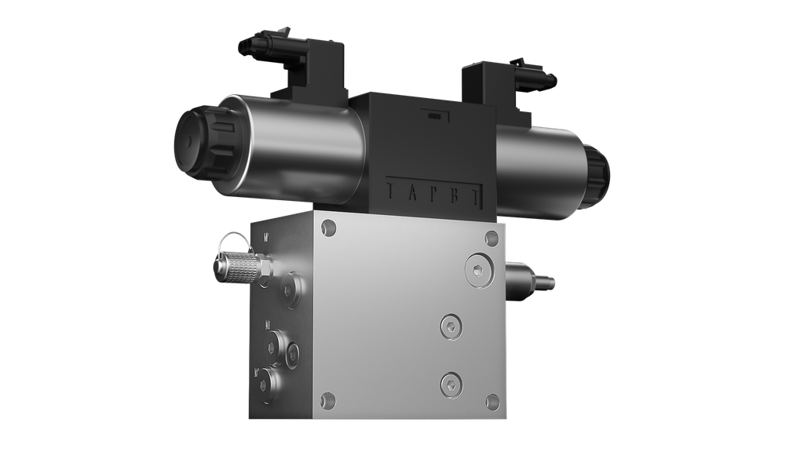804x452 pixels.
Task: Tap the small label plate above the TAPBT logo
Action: coord(433,117)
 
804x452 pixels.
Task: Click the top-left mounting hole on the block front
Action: coord(328,228)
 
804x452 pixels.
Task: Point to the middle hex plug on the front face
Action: coord(449,329)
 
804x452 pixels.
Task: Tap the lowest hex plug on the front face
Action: coord(450,382)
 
